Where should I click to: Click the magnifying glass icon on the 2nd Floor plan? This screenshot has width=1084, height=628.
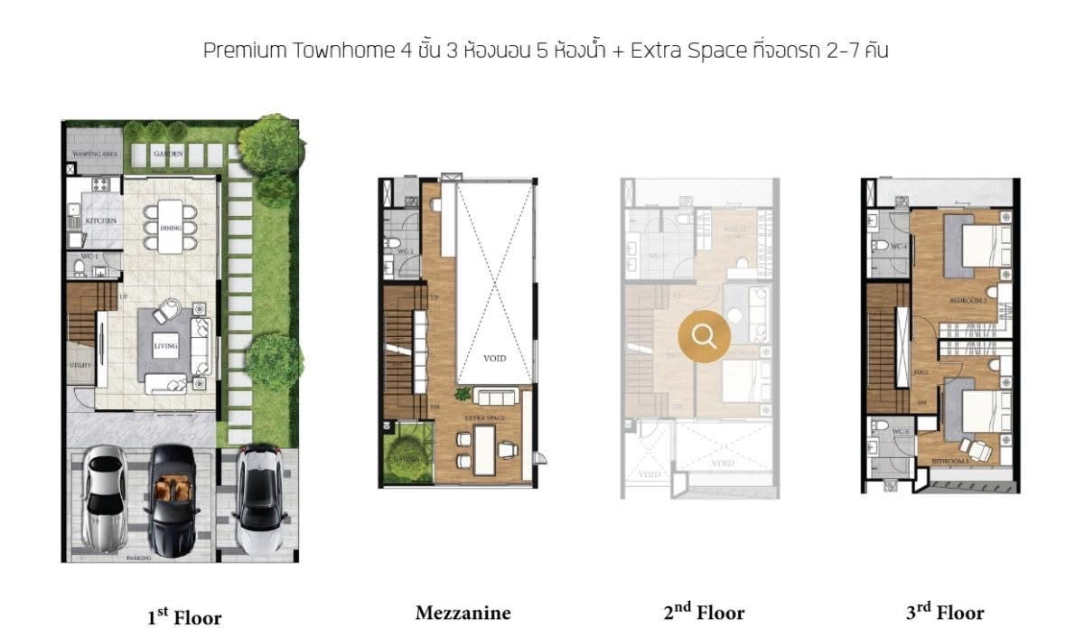pos(704,335)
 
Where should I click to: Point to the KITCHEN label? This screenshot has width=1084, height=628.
pos(96,221)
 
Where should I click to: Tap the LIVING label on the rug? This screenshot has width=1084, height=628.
pos(165,346)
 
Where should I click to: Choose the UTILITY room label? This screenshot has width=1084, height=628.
pos(79,366)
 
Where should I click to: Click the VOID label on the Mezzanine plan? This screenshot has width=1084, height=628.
pos(494,358)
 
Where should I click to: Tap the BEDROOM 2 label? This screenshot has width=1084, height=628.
pos(966,299)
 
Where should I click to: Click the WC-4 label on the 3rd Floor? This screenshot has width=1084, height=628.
pos(897,247)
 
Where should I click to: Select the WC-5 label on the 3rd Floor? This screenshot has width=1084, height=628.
pos(899,432)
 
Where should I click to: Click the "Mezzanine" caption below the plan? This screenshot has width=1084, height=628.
pos(463,614)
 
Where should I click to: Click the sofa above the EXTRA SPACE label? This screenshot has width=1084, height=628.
pos(495,398)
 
